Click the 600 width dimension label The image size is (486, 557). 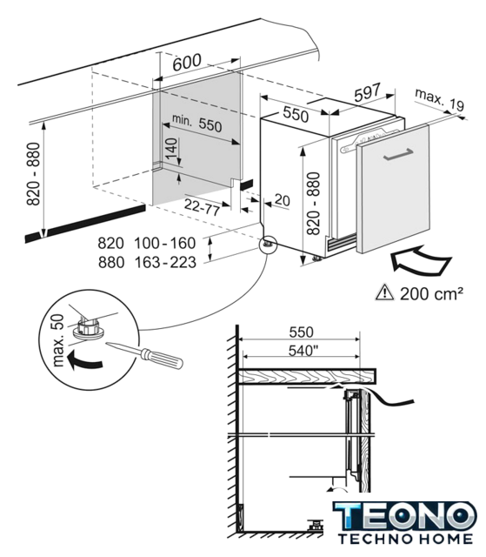(187, 63)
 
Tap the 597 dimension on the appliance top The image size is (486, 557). (367, 91)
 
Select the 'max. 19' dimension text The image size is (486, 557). (439, 99)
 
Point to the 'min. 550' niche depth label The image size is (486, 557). (196, 123)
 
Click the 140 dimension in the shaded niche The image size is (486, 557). (171, 148)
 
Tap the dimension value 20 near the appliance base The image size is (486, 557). (282, 200)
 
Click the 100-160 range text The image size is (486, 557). (165, 243)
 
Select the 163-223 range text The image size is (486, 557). (165, 263)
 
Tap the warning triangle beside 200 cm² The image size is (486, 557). (385, 292)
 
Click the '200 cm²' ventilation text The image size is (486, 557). (431, 293)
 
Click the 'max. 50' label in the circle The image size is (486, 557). (57, 340)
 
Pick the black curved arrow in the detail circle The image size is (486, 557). (83, 359)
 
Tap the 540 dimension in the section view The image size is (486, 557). (303, 351)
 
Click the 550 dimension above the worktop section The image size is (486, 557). (301, 332)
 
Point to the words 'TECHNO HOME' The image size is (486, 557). (405, 539)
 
